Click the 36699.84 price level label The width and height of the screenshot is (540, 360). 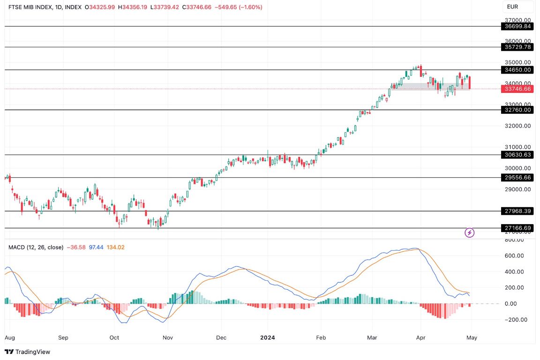coord(518,27)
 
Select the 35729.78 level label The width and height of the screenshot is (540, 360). coord(518,47)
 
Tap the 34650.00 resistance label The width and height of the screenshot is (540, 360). coord(518,70)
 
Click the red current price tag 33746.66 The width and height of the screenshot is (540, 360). coord(518,89)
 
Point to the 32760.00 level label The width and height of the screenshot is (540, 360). coord(518,110)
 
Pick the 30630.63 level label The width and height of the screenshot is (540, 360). coord(518,155)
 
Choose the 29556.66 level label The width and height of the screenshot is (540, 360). coord(518,178)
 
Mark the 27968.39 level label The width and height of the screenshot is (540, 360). coord(518,211)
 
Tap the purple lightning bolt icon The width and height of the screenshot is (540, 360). coord(469,232)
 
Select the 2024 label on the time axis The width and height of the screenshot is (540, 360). coord(267,337)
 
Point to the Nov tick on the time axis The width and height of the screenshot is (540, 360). coord(167,337)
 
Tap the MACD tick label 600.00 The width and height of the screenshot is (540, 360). coord(518,256)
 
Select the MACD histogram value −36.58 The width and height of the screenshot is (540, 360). coord(76,247)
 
